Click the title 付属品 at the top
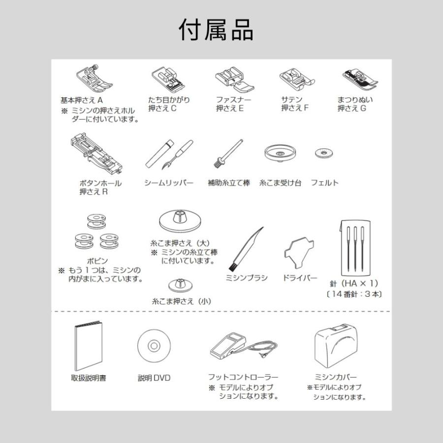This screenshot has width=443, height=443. (216, 31)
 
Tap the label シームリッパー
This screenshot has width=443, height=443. (169, 183)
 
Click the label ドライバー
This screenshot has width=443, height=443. (300, 278)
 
